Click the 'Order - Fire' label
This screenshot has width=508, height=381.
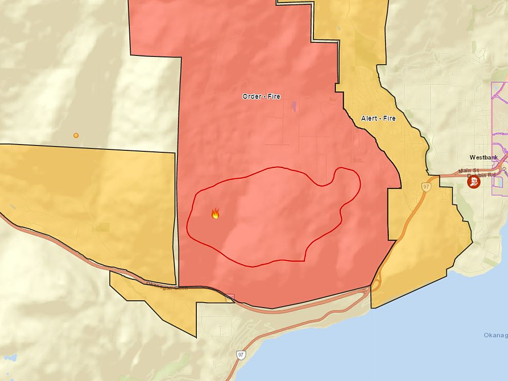(x=261, y=96)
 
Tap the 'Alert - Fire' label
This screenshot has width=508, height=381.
(x=378, y=118)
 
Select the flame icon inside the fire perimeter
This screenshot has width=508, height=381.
(x=215, y=213)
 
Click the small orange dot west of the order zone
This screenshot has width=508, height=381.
(x=76, y=135)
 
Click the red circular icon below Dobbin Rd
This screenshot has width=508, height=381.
(x=473, y=182)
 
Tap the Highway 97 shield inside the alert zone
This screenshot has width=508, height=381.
(x=426, y=186)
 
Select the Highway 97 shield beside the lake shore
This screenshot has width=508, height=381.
(x=241, y=355)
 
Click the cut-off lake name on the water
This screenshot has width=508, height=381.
(x=495, y=335)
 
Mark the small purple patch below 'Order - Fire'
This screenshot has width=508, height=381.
(x=293, y=105)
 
